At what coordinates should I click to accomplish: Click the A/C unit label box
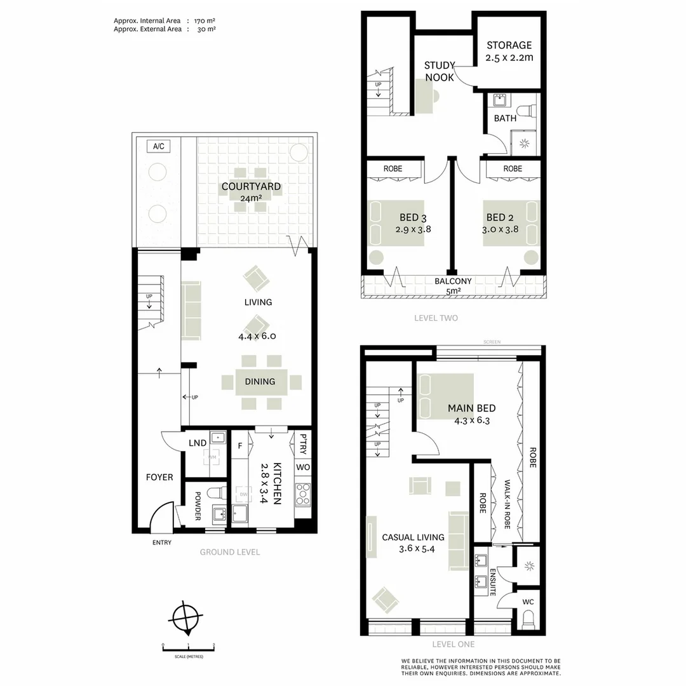tap(159, 147)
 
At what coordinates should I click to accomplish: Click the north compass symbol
tap(186, 616)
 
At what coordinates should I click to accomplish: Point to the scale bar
tap(189, 647)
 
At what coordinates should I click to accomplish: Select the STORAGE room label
tap(509, 45)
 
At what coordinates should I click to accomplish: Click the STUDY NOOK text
tap(440, 71)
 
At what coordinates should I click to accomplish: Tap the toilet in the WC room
tap(527, 619)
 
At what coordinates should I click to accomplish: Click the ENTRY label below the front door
tap(162, 542)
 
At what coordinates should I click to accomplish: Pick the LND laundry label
tap(196, 443)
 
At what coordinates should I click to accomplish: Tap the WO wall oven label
tap(303, 467)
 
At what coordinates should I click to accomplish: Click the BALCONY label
tap(453, 281)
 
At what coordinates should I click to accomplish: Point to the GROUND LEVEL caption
tap(230, 552)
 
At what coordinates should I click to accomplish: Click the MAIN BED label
tap(471, 408)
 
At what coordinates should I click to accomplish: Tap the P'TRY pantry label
tap(303, 443)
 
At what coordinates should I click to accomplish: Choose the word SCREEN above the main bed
tap(492, 342)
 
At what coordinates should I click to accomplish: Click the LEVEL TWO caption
tap(435, 318)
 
